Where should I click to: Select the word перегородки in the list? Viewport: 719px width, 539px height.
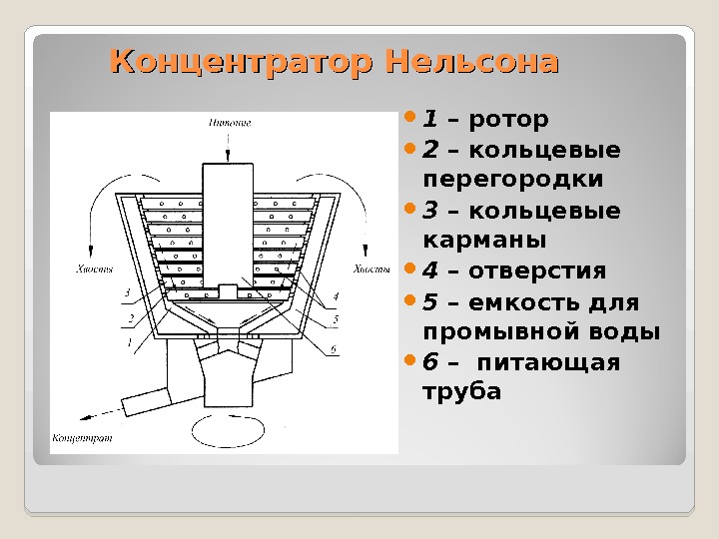point(513,180)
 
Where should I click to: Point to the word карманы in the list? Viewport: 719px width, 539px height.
point(484,241)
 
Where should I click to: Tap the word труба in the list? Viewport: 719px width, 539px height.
point(462,391)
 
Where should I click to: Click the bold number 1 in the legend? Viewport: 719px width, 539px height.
point(429,121)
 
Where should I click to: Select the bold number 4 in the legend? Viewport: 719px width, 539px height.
point(430,271)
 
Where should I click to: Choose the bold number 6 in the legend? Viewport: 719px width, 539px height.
point(430,361)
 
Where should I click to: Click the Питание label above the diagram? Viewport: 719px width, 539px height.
point(230,124)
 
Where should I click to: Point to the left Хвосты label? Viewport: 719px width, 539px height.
point(94,268)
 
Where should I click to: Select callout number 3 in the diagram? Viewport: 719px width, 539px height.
point(127,292)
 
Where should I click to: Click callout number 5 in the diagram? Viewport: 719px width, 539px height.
point(336,318)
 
